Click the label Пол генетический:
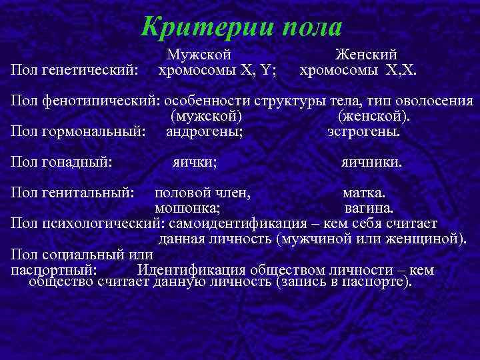coord(75,69)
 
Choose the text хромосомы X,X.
coord(359,69)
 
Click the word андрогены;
coord(204,131)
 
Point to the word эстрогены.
coord(364,131)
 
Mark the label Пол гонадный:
coord(61,161)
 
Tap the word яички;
coord(195,161)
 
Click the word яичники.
coord(372,161)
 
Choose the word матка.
coord(364,193)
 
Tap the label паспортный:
coord(55,270)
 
